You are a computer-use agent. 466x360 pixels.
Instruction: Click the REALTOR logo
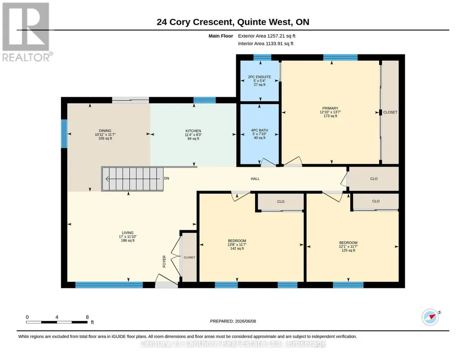(27, 32)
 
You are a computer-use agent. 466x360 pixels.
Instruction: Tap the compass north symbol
(431, 317)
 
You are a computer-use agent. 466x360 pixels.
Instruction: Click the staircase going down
(133, 179)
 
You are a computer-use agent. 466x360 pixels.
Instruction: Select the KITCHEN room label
(193, 135)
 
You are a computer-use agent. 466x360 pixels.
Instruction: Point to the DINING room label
(105, 135)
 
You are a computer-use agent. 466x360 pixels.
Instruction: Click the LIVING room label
(128, 237)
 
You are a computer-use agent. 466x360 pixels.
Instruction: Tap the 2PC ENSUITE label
(260, 80)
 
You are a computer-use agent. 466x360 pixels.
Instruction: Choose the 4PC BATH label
(260, 134)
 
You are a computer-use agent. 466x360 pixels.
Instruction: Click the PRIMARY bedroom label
(330, 112)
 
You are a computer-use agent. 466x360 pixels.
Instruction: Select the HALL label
(255, 179)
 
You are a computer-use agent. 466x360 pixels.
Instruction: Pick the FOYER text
(164, 261)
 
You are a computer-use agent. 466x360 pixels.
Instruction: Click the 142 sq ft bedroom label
(237, 245)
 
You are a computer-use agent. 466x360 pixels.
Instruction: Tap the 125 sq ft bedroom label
(348, 246)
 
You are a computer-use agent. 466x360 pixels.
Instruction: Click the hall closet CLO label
(374, 179)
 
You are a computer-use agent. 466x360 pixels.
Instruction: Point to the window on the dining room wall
(64, 133)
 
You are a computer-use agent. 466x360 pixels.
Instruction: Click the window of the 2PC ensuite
(262, 57)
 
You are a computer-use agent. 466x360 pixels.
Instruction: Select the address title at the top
(233, 22)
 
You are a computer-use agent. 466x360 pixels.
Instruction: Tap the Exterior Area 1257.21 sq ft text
(266, 36)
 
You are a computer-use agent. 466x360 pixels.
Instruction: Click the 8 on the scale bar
(87, 317)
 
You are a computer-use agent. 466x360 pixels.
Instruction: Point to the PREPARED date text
(233, 321)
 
